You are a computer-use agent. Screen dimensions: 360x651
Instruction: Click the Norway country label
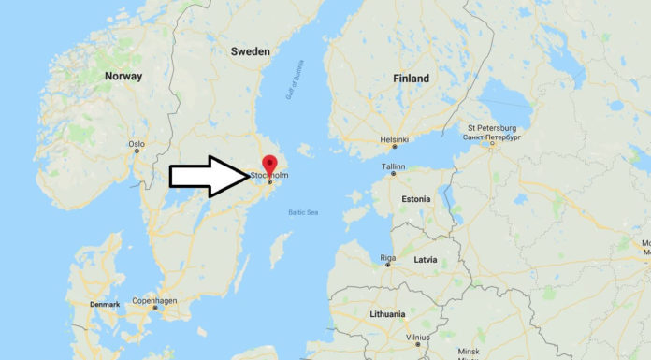click(x=123, y=76)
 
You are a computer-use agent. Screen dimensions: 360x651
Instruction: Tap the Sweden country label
click(x=251, y=51)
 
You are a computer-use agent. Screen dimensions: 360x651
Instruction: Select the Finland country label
click(x=412, y=79)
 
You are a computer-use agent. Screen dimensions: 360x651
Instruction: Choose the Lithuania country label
click(x=387, y=314)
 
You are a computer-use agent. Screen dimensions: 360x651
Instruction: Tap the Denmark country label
click(x=106, y=305)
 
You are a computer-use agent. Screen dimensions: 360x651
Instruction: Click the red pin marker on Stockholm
click(x=269, y=165)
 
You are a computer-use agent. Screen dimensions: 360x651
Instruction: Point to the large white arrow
click(x=206, y=176)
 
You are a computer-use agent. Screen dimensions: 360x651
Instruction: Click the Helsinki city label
click(x=394, y=139)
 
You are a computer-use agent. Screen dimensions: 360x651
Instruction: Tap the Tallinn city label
click(x=393, y=166)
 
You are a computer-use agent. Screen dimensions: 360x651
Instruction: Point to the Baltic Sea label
click(x=303, y=213)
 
